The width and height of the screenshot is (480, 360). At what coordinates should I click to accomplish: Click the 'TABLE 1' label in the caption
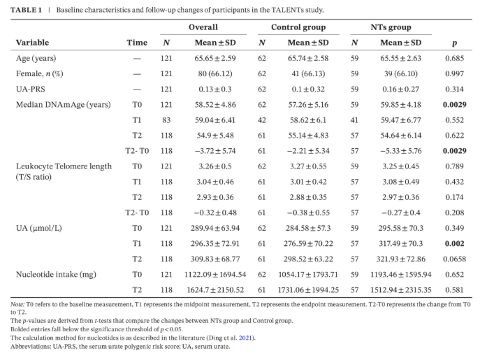(26, 10)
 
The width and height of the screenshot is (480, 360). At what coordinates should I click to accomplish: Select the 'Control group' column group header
(298, 27)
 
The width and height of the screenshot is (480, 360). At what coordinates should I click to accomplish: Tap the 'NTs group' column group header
(391, 27)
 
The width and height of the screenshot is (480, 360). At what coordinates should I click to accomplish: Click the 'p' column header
(455, 43)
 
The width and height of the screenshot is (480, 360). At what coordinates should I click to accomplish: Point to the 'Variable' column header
(32, 43)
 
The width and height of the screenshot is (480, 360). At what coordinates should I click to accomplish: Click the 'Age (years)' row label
(36, 58)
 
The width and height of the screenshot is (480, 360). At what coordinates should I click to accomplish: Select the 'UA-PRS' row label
(31, 89)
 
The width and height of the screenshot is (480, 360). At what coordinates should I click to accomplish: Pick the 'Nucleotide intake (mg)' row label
(56, 275)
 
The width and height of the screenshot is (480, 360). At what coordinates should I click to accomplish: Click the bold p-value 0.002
(455, 243)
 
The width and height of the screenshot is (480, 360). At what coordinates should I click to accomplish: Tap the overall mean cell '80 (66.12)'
(215, 74)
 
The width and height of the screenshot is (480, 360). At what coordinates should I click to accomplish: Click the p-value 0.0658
(455, 259)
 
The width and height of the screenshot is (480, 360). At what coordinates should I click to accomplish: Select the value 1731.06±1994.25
(308, 290)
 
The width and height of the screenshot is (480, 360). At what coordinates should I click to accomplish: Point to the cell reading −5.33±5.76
(401, 151)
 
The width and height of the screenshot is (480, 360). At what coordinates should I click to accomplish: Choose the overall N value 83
(166, 120)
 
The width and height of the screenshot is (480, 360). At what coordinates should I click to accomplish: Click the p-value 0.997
(455, 74)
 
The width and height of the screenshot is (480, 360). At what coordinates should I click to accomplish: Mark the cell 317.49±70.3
(401, 243)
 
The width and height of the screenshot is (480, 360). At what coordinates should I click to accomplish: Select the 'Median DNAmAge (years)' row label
(64, 105)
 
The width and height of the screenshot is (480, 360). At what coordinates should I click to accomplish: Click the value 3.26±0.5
(215, 166)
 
